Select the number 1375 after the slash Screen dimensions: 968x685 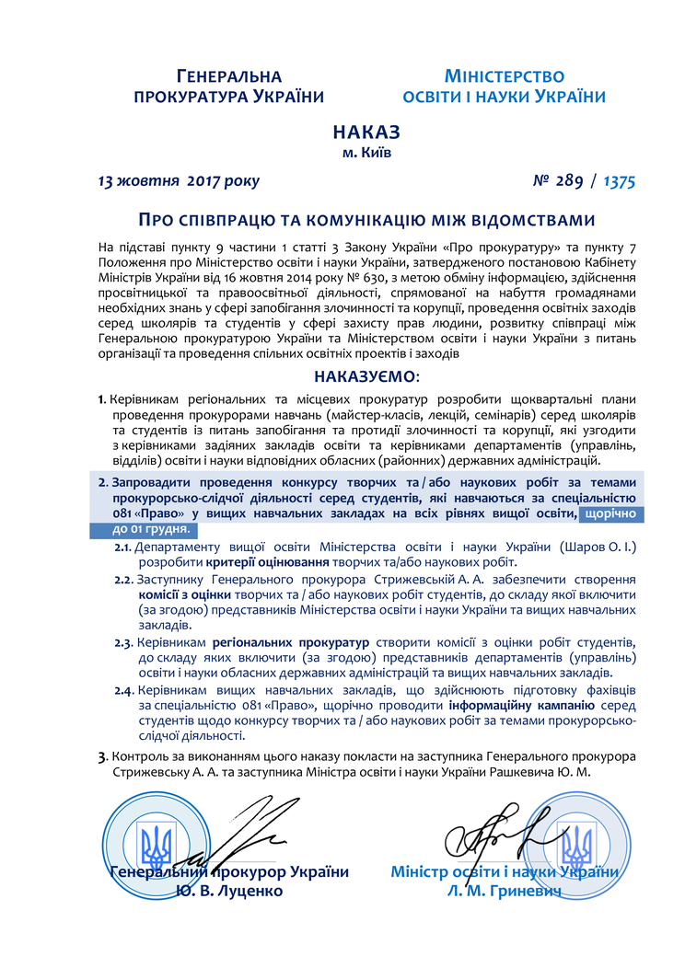[x=620, y=181]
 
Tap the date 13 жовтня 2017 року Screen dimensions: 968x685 [x=179, y=181]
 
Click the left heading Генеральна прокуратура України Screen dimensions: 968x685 [x=229, y=86]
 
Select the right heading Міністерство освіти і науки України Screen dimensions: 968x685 [x=504, y=86]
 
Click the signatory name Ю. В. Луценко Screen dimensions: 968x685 [x=229, y=891]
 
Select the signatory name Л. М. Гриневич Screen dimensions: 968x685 [x=504, y=891]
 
